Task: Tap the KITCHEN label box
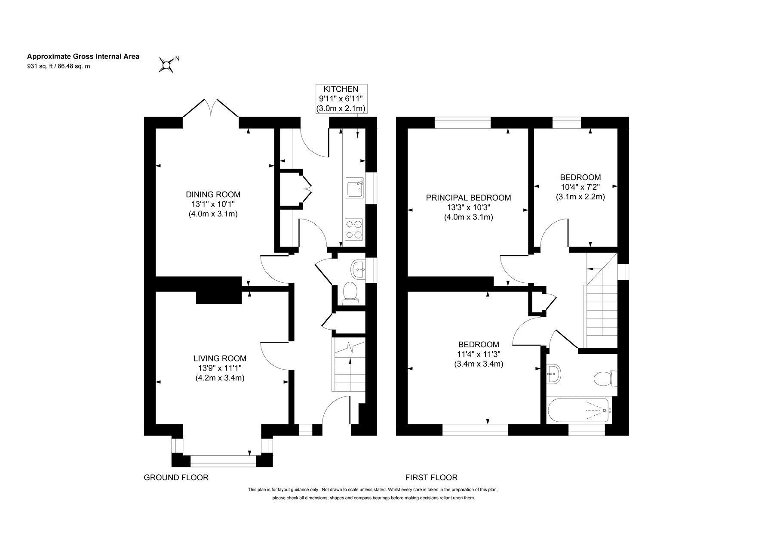tap(341, 99)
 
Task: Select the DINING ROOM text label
tap(213, 194)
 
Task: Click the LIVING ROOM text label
tap(220, 358)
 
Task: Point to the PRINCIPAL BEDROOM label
tap(468, 198)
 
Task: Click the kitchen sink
tap(355, 189)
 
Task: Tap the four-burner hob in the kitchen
tap(354, 229)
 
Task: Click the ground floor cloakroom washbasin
tap(358, 269)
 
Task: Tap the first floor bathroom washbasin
tap(554, 374)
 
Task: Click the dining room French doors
tap(211, 108)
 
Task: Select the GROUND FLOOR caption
tap(176, 477)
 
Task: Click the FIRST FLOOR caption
tap(431, 477)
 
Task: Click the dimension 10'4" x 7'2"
tap(580, 187)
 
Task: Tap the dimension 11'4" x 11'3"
tap(479, 354)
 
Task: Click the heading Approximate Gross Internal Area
tap(83, 56)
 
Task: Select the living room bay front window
tap(223, 461)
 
